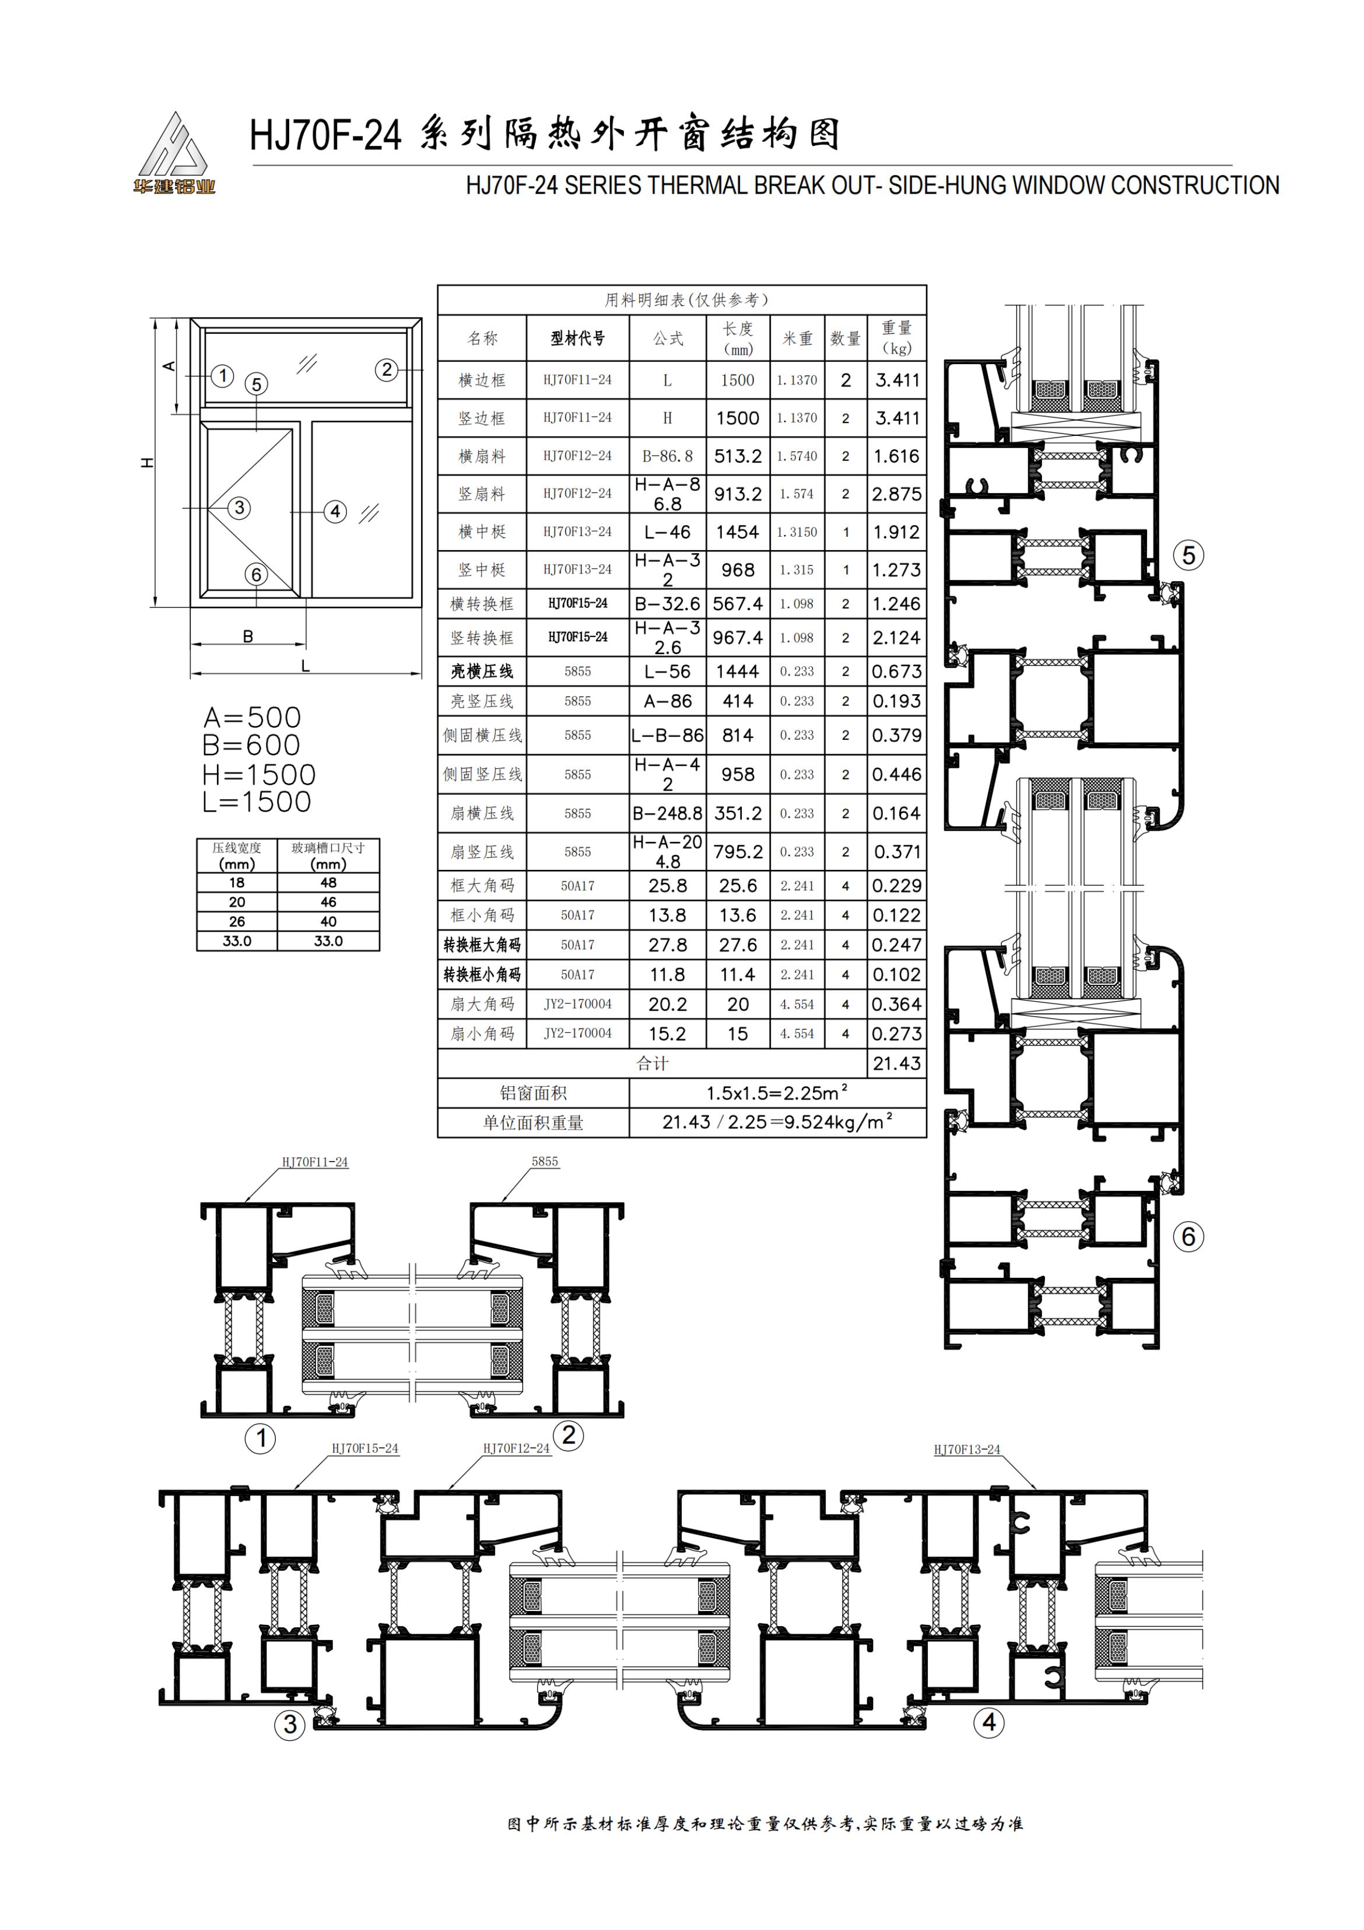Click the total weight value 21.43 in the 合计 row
(897, 1064)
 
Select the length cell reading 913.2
(738, 494)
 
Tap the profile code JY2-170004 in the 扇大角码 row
(577, 1004)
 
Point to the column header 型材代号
(577, 338)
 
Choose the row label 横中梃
(482, 532)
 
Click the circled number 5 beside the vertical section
(1188, 555)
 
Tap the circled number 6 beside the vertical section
(1188, 1236)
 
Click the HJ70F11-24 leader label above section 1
(314, 1162)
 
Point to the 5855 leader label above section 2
(545, 1161)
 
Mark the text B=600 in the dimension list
(251, 745)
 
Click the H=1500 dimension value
(259, 774)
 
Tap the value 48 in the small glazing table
(328, 883)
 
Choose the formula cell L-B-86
(667, 735)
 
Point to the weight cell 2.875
(897, 494)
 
